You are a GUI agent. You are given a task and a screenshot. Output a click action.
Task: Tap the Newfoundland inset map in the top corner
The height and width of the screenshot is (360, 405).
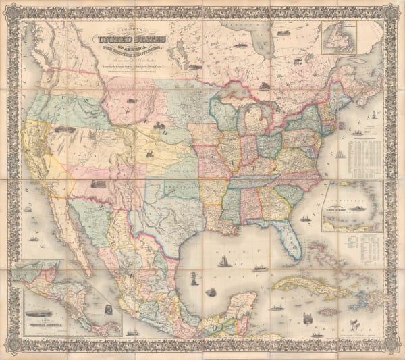[x=340, y=37]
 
